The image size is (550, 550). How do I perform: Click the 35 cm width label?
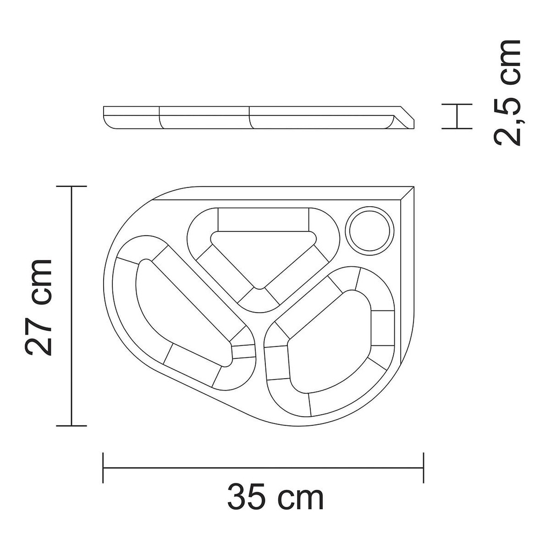[x=276, y=498]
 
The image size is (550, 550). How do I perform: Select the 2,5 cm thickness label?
[x=508, y=92]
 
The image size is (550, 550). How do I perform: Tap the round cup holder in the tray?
[x=369, y=230]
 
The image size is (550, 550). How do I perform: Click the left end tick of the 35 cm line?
[x=103, y=468]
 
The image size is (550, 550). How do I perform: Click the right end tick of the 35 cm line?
[x=424, y=468]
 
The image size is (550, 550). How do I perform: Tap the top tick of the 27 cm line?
[x=72, y=186]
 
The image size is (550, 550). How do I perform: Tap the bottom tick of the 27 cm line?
[x=72, y=425]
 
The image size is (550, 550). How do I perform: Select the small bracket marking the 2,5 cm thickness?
[x=457, y=116]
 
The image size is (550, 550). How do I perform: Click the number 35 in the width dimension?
[x=246, y=498]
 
